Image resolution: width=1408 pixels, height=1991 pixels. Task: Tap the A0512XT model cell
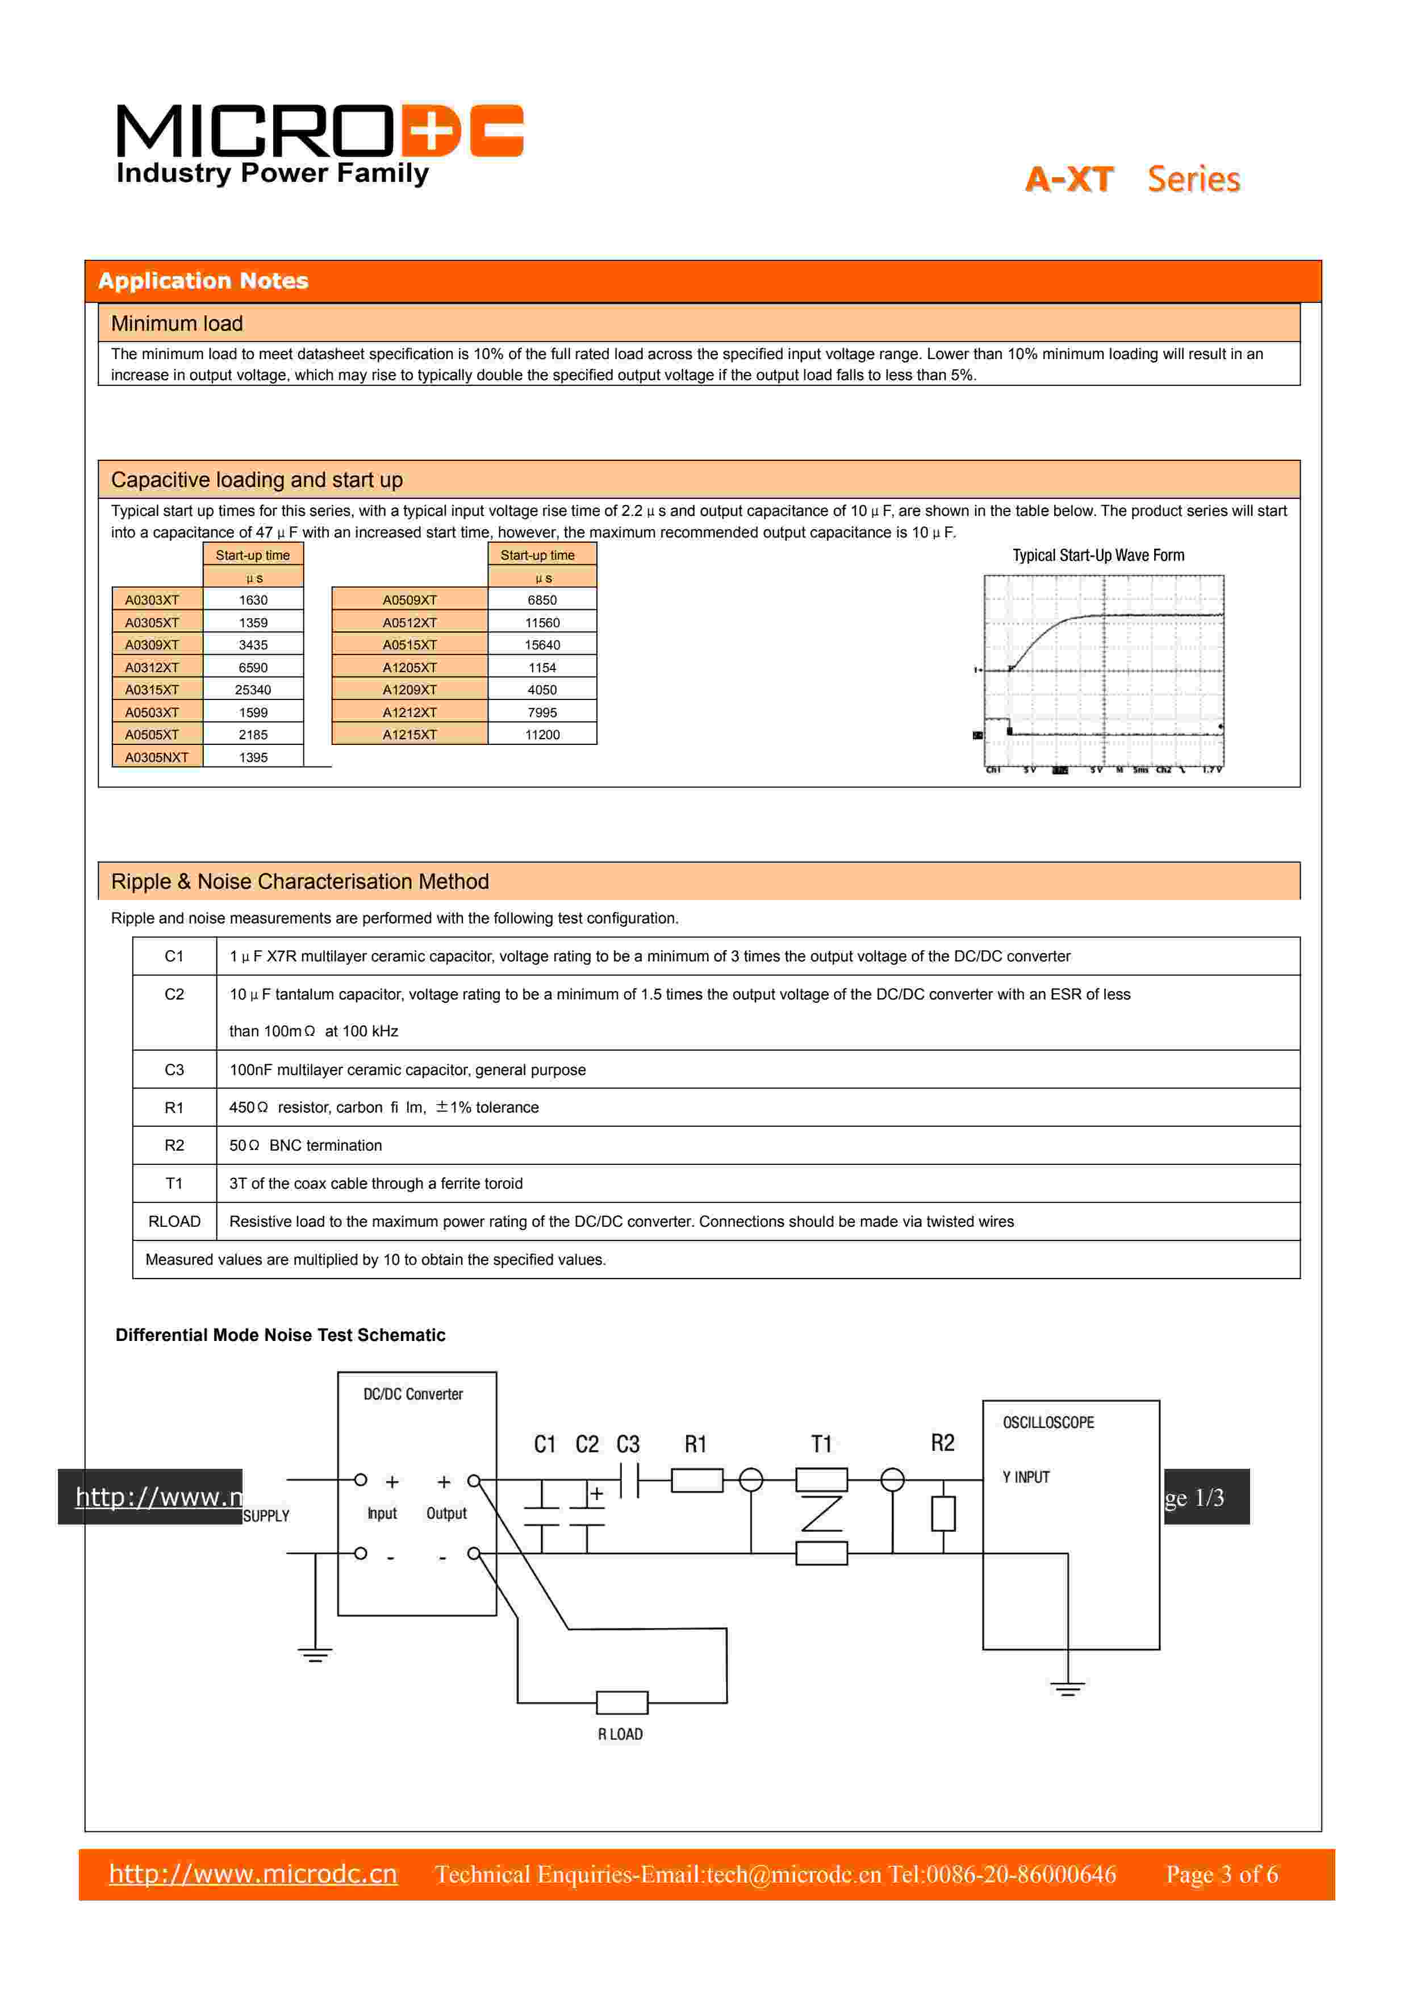(x=410, y=623)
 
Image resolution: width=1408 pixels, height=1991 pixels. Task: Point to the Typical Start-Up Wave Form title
(x=1098, y=556)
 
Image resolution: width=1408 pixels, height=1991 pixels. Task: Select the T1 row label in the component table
(x=174, y=1184)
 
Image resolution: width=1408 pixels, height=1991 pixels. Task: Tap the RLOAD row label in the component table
(x=174, y=1222)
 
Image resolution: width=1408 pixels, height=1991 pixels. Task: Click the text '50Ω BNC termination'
(x=305, y=1146)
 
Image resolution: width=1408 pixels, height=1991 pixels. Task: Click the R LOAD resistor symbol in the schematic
(x=621, y=1702)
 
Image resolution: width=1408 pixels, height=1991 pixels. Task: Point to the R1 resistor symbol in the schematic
(x=697, y=1480)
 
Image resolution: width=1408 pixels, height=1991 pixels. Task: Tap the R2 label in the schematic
(x=942, y=1443)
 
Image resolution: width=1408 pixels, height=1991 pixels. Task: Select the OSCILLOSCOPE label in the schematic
(x=1048, y=1423)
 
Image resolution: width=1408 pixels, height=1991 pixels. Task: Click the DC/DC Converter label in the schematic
(x=413, y=1394)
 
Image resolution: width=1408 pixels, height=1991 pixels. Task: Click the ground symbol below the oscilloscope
(x=1067, y=1688)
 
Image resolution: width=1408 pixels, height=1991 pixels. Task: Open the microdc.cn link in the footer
(x=253, y=1874)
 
